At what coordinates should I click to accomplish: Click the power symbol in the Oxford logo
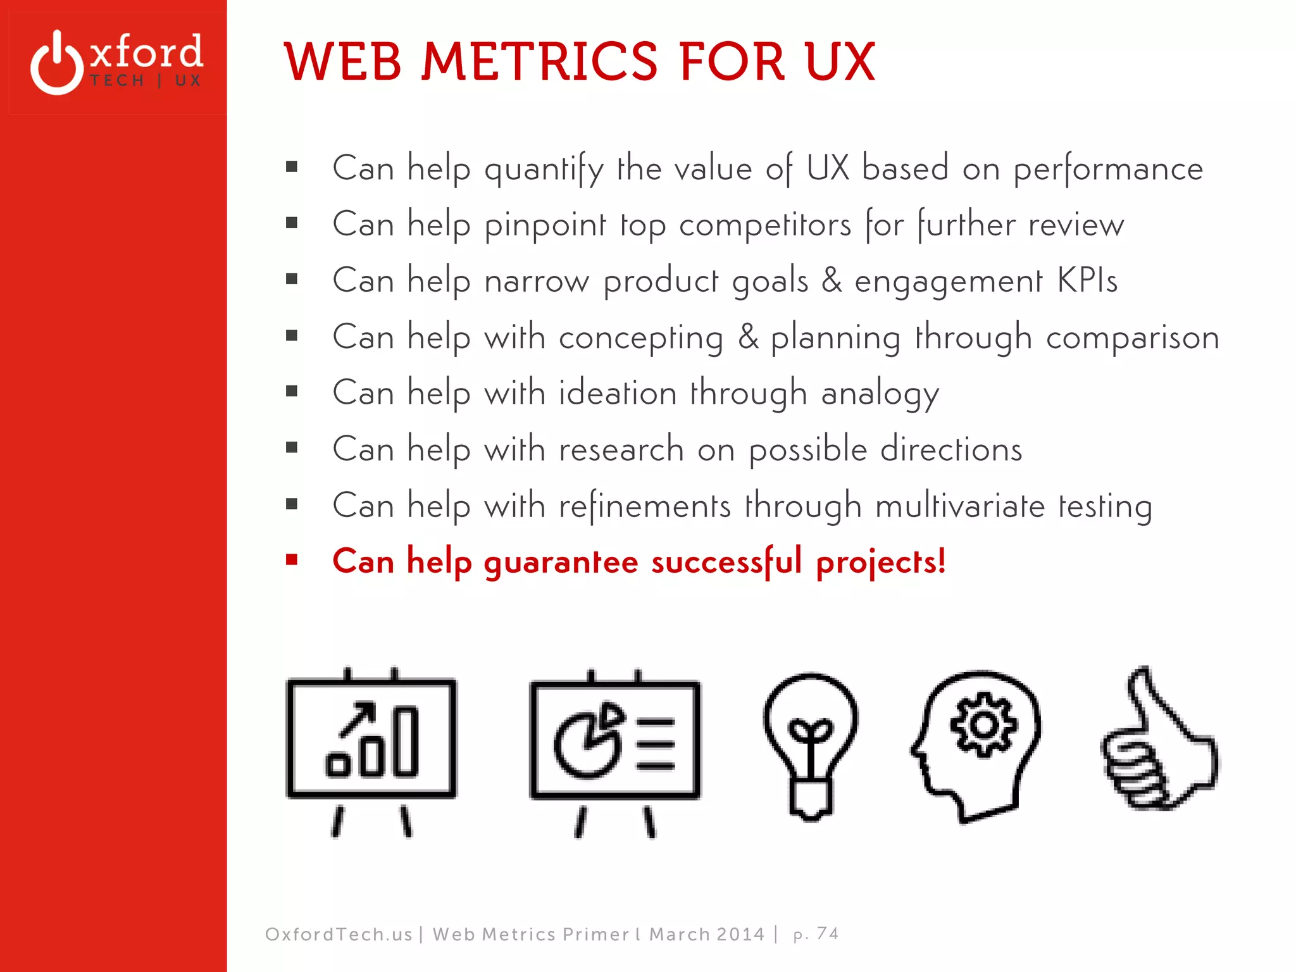pyautogui.click(x=57, y=63)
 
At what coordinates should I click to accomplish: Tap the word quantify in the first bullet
pyautogui.click(x=544, y=170)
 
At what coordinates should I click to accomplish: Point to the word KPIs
pyautogui.click(x=1087, y=280)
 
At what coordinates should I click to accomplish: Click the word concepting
pyautogui.click(x=640, y=337)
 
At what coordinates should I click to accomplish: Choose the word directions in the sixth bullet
pyautogui.click(x=951, y=449)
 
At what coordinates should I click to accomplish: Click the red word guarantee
pyautogui.click(x=561, y=562)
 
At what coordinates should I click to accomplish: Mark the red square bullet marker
pyautogui.click(x=292, y=559)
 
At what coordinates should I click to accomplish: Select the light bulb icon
pyautogui.click(x=811, y=745)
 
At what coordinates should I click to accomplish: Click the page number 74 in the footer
pyautogui.click(x=827, y=933)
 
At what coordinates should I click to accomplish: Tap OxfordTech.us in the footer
pyautogui.click(x=339, y=934)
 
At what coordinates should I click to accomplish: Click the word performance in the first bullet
pyautogui.click(x=1107, y=170)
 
